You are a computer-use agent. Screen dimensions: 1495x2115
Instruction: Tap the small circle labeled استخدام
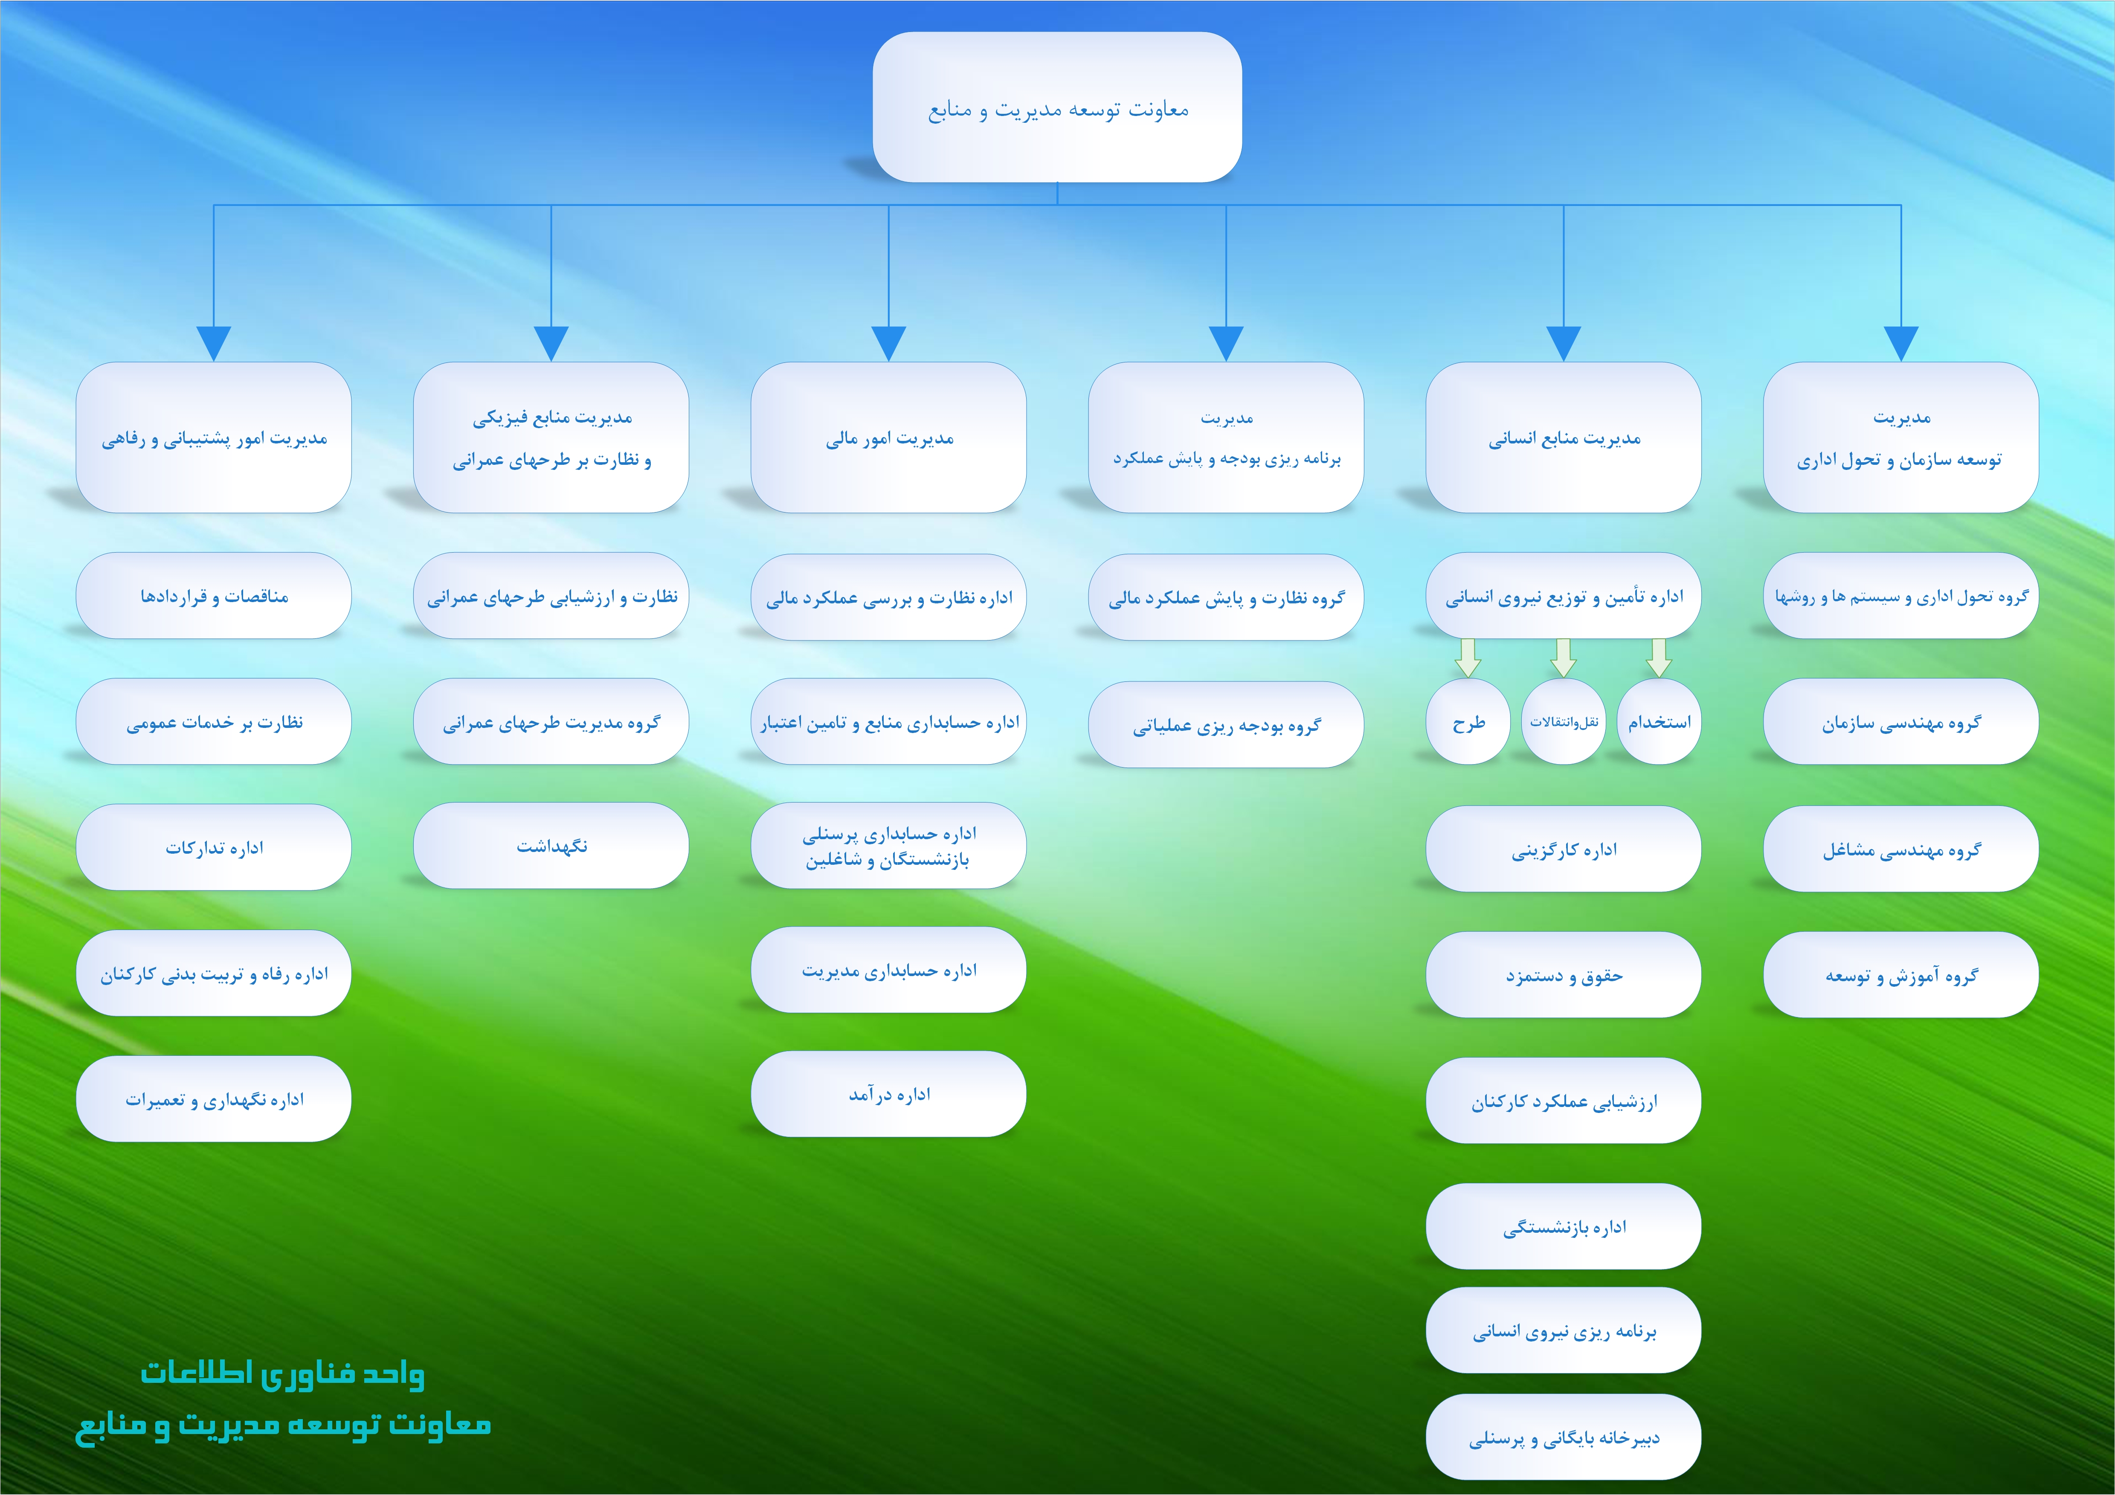(1659, 722)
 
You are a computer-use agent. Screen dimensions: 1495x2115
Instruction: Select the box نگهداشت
(551, 846)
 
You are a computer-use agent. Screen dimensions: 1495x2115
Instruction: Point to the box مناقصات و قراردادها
(214, 596)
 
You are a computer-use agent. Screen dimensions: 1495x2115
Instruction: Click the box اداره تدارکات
(214, 847)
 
